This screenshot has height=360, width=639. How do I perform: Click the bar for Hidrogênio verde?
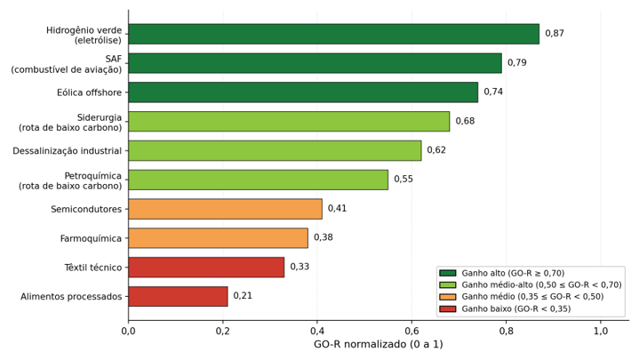[334, 34]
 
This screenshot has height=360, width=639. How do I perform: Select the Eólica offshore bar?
[303, 92]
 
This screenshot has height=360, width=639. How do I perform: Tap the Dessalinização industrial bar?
[276, 150]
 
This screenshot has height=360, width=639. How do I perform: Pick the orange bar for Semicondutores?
[226, 209]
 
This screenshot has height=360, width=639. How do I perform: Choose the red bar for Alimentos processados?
[178, 296]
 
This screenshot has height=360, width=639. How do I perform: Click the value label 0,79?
[516, 63]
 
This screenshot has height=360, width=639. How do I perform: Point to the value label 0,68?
[465, 121]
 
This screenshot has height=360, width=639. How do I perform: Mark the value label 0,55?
[403, 180]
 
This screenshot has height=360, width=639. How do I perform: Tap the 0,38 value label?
[323, 237]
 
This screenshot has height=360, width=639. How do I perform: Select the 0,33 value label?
[300, 267]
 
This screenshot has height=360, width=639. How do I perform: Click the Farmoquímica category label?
[91, 238]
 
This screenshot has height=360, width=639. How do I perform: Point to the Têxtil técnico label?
[93, 268]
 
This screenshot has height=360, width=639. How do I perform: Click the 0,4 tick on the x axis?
[317, 331]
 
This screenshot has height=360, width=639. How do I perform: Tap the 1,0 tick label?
[600, 331]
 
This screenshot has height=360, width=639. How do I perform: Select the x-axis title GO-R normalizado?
[379, 345]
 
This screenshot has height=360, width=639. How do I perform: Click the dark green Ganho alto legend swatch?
[448, 273]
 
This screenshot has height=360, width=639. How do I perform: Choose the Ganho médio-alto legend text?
[541, 285]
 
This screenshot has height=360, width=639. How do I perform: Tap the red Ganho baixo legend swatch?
[448, 309]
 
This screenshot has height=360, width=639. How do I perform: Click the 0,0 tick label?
[128, 331]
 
